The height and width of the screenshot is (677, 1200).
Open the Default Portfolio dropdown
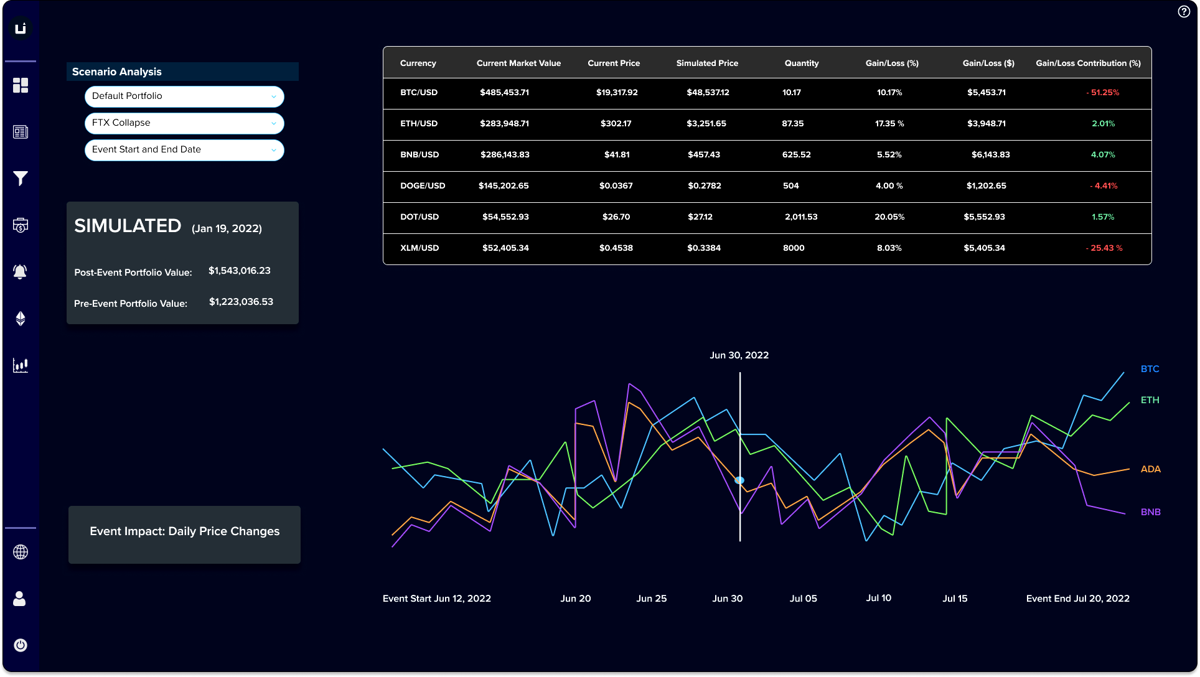[184, 96]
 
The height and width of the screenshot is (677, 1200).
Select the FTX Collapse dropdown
[184, 123]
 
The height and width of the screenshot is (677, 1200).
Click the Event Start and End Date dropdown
[184, 150]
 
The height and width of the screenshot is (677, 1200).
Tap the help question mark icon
[1184, 12]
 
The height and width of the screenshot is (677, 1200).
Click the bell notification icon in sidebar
[21, 272]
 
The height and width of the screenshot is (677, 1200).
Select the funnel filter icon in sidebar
[21, 179]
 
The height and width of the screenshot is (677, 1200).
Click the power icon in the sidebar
[21, 645]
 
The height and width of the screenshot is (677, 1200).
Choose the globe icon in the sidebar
[21, 552]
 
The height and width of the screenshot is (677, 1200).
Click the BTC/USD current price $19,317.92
[617, 93]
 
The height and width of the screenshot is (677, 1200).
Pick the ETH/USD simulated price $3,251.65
[706, 124]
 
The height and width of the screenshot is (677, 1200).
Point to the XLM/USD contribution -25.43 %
[1104, 248]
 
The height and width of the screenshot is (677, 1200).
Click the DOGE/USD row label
[423, 186]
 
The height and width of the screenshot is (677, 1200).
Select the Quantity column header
[802, 63]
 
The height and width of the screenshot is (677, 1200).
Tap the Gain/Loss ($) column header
[988, 63]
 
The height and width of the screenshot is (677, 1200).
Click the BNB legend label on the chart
[1150, 512]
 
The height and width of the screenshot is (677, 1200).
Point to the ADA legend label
[1150, 469]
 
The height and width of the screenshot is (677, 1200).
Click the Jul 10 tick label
[878, 598]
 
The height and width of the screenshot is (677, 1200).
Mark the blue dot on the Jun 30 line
[739, 480]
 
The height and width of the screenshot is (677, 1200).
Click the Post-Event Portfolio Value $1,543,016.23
[240, 271]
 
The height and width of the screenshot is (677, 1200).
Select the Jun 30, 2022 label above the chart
[739, 355]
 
